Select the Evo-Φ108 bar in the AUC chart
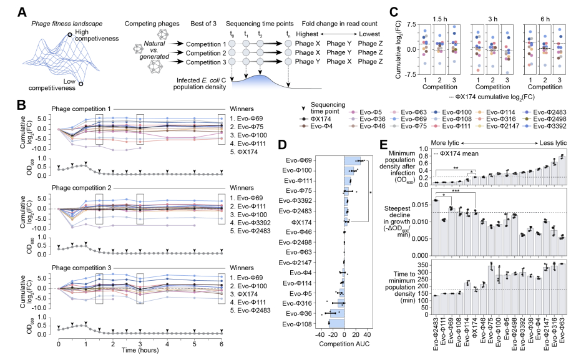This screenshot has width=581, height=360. point(336,323)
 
